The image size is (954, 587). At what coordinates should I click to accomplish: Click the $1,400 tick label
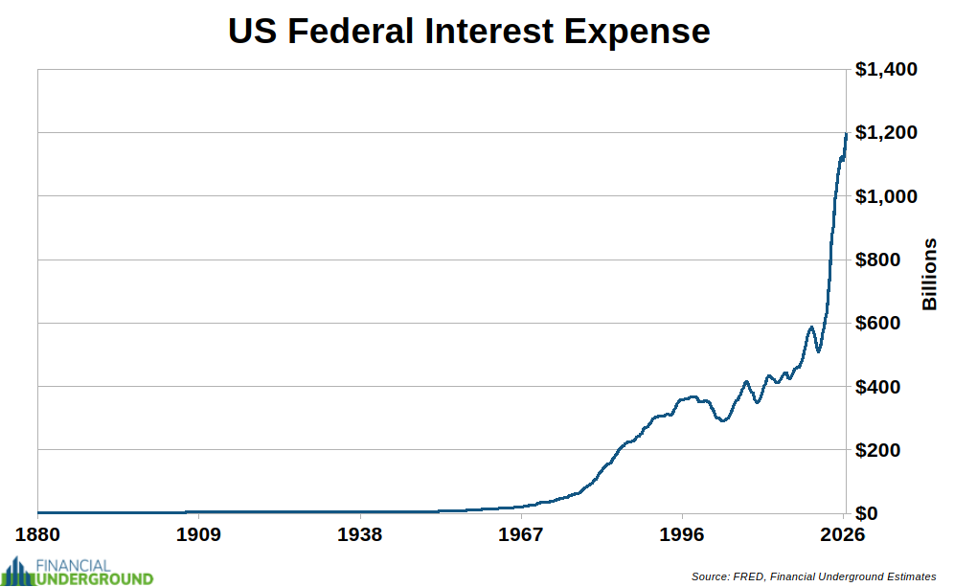point(885,70)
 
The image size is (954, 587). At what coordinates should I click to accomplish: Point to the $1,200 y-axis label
point(885,133)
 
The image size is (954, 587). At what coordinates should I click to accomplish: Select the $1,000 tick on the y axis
point(885,196)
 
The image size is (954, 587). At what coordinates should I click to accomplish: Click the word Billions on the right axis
point(929,273)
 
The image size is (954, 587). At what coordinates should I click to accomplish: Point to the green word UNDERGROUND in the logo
point(93,578)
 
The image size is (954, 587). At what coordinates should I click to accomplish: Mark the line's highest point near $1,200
point(846,134)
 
